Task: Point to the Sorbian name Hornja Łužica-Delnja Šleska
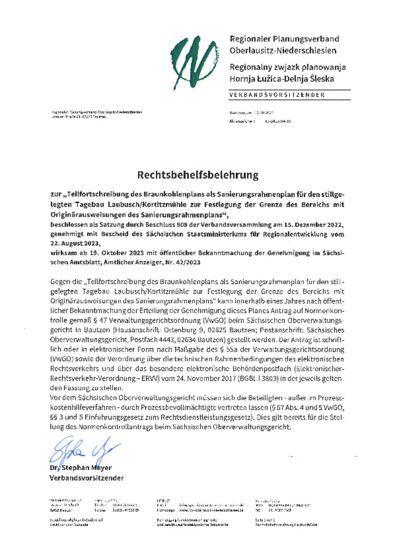(x=281, y=78)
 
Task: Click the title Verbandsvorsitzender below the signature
(x=86, y=478)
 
